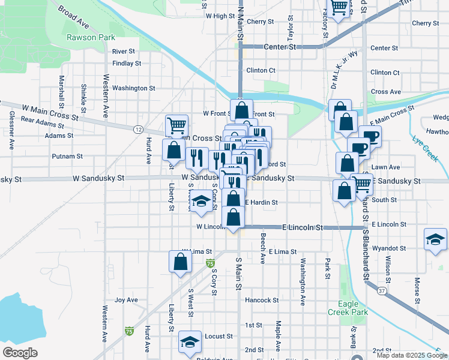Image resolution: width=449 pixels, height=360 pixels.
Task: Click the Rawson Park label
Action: coord(91,37)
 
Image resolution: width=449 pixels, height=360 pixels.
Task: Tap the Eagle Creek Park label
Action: coord(348,308)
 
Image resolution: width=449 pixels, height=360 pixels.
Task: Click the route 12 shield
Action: coord(139,130)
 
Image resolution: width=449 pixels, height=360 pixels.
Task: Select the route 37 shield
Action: coord(381,290)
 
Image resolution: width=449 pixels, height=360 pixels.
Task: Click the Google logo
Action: coord(20,353)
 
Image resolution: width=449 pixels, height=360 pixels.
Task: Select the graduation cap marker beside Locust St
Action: coord(190,342)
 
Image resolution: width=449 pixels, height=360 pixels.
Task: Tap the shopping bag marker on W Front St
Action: coord(241,110)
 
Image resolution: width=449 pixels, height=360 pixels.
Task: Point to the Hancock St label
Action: coord(262,300)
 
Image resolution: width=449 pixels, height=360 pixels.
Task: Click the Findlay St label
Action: coord(126,63)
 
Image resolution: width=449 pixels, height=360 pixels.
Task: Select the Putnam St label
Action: coord(67,156)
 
